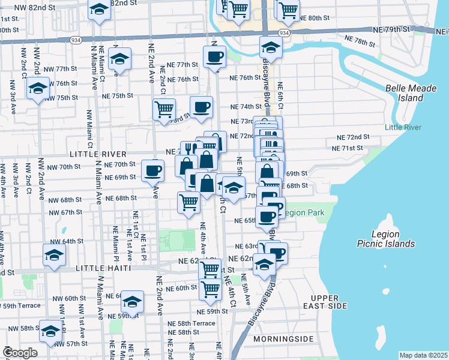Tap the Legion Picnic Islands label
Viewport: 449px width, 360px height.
[393, 239]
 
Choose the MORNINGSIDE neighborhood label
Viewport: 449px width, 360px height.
[283, 339]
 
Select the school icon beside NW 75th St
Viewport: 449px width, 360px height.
[38, 88]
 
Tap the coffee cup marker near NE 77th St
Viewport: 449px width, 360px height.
[214, 58]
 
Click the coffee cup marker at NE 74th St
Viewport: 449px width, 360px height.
[202, 107]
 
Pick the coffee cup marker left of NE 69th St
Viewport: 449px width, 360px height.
[152, 170]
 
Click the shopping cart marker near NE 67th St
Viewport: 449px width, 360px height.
[188, 202]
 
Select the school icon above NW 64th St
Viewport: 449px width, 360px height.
[54, 254]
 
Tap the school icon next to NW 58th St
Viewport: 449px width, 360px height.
[50, 331]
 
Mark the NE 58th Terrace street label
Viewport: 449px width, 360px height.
[191, 323]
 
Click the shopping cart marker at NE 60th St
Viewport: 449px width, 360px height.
[210, 289]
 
